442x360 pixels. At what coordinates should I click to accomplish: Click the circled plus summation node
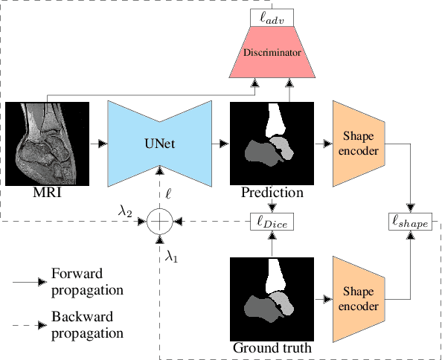click(x=159, y=222)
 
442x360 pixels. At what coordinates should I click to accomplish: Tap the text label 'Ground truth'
click(x=271, y=348)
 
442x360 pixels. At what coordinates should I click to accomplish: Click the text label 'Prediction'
click(x=272, y=193)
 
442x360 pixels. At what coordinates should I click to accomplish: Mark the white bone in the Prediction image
click(x=275, y=119)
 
